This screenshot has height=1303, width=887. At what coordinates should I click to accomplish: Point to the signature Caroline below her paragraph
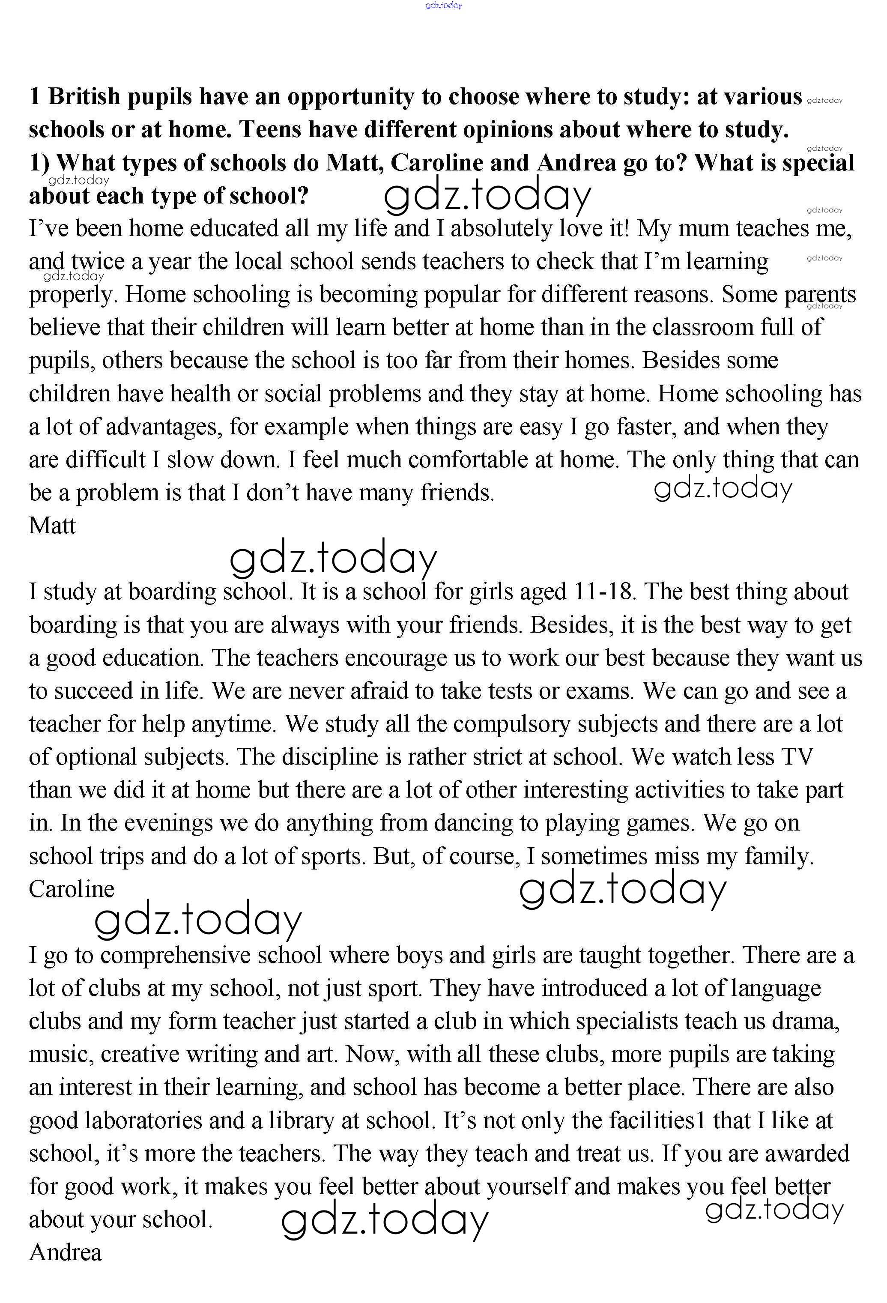click(x=71, y=889)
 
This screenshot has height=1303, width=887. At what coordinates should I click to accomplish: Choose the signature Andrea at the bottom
click(x=66, y=1252)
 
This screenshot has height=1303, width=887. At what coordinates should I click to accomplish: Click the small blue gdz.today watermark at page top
click(x=444, y=6)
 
